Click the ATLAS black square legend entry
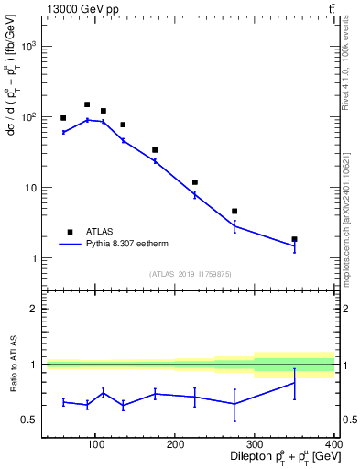point(70,232)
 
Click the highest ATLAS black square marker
point(87,104)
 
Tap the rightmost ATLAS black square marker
point(294,239)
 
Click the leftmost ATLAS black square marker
point(63,118)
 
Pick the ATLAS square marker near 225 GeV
point(195,182)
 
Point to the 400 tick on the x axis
point(333,446)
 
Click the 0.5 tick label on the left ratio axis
point(28,420)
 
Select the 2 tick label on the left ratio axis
point(32,310)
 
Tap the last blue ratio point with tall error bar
point(294,383)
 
